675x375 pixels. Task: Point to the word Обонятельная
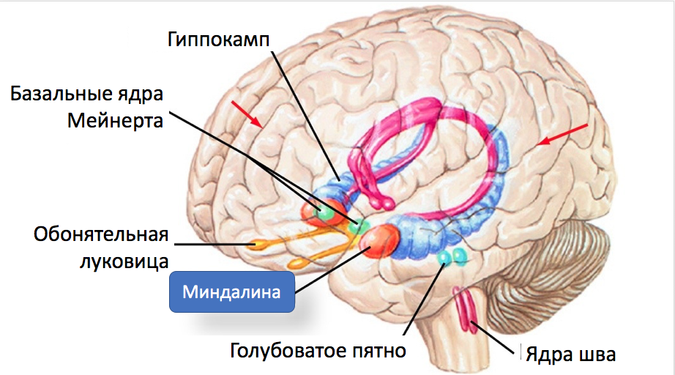point(101,234)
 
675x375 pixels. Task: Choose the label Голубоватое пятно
point(318,350)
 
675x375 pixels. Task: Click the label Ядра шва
point(570,354)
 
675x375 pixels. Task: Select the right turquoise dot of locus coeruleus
point(460,256)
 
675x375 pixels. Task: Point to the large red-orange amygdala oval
point(378,242)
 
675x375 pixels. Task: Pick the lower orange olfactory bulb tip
point(296,263)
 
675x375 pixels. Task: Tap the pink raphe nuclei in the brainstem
point(466,309)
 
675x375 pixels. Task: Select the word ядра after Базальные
point(139,95)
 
